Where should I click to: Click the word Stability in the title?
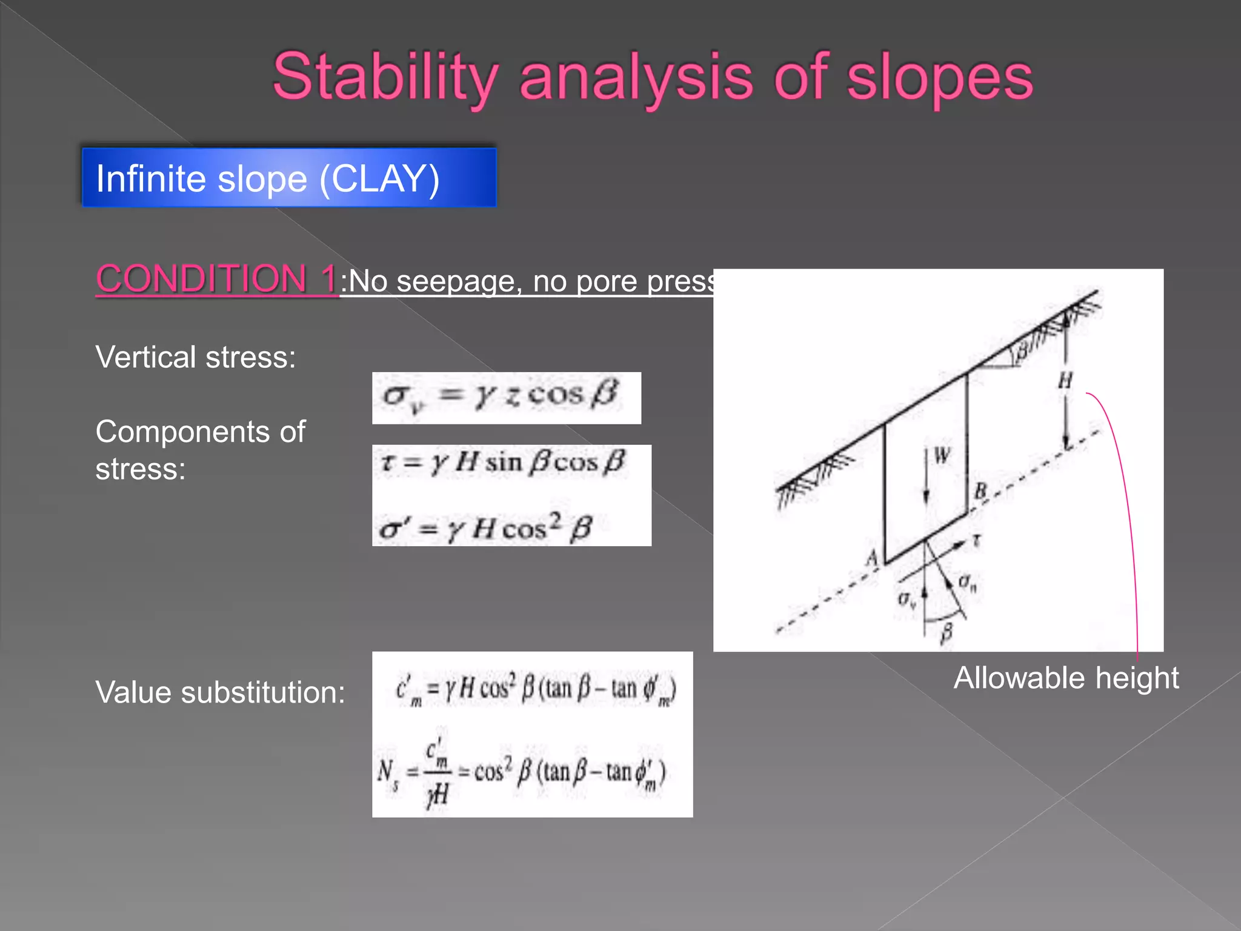tap(385, 78)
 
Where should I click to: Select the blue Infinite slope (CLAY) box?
tap(289, 178)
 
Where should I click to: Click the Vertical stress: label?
tap(196, 357)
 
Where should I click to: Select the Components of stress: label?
tap(200, 450)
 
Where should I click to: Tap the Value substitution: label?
tap(220, 692)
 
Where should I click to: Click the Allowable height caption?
tap(1066, 678)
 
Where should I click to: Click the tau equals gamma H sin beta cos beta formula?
tap(503, 463)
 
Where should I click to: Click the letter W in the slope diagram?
tap(942, 455)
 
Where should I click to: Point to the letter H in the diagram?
tap(1065, 381)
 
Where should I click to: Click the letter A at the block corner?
tap(872, 556)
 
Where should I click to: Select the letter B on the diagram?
tap(980, 490)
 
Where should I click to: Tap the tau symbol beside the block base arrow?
tap(976, 541)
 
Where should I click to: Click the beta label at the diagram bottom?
tap(947, 633)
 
